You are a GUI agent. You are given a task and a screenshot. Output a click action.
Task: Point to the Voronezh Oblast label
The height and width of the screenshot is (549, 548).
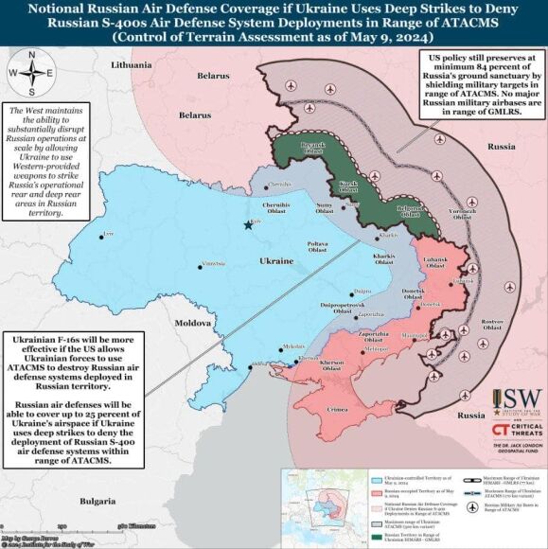pos(462,213)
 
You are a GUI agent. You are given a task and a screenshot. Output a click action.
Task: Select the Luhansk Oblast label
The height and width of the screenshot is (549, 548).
pos(436,263)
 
